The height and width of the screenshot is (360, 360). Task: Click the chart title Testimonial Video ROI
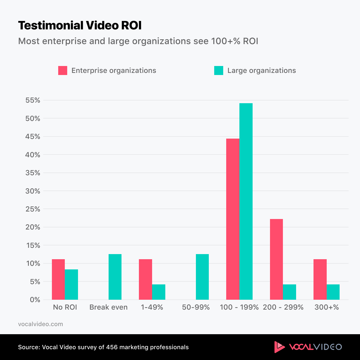(x=79, y=25)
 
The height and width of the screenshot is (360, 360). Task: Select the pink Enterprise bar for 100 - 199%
(x=233, y=219)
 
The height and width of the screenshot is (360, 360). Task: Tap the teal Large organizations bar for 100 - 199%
(x=246, y=201)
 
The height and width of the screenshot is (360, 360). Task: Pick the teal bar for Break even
(x=115, y=277)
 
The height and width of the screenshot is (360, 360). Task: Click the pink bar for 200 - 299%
(x=276, y=259)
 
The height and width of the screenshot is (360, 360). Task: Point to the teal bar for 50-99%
(x=202, y=277)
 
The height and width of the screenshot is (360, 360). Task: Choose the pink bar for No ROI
(x=58, y=279)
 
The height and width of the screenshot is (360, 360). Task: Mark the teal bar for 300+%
(x=333, y=292)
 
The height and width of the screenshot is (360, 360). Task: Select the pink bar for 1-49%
(x=145, y=279)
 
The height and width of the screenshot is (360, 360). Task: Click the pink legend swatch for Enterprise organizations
(x=63, y=70)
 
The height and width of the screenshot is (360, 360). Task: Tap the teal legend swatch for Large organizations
(x=219, y=70)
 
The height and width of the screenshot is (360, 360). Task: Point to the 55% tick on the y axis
(x=33, y=100)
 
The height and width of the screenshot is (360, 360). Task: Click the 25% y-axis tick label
(x=33, y=209)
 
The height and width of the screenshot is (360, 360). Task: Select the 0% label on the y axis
(x=35, y=300)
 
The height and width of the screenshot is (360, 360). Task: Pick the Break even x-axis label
(x=108, y=307)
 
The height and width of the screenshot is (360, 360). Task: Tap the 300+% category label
(x=326, y=307)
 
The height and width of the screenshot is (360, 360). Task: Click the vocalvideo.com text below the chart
(x=40, y=324)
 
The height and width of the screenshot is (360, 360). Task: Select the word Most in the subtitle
(x=29, y=41)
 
